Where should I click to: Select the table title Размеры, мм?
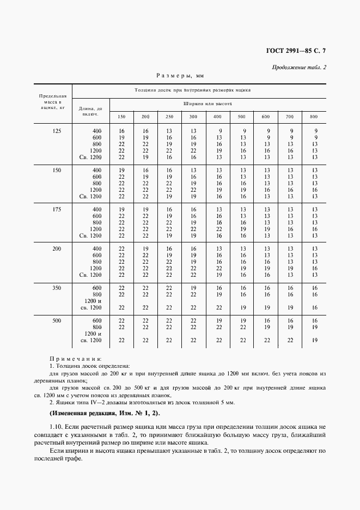click(x=179, y=77)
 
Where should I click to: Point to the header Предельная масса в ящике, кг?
click(x=53, y=102)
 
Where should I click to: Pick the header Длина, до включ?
click(x=90, y=111)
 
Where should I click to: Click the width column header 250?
click(x=169, y=117)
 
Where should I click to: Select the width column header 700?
click(x=290, y=117)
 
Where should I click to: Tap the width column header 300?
click(x=193, y=117)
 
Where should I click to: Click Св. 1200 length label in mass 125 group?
click(x=91, y=157)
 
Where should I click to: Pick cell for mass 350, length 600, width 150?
click(x=121, y=288)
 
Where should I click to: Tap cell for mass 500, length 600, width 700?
click(x=290, y=320)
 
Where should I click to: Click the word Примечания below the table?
click(x=76, y=360)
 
